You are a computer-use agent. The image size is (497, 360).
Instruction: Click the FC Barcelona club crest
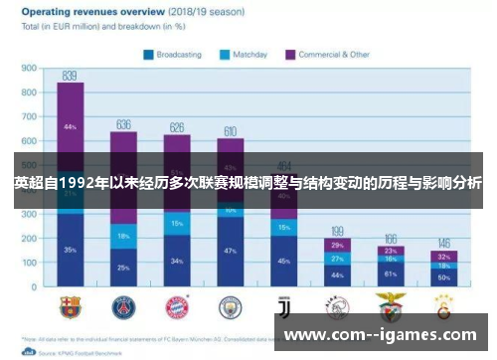coord(70,305)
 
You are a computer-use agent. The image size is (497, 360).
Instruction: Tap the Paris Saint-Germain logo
coord(123,305)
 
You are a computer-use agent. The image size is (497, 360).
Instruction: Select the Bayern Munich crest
coord(177,305)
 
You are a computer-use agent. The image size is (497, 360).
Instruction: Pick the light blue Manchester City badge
coord(231,305)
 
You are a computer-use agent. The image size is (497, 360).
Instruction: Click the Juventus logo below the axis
coord(284,305)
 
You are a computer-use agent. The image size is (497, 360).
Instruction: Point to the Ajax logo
coord(337,305)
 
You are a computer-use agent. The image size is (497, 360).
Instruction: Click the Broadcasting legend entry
coord(174,55)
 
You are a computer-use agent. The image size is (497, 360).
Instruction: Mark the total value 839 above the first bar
coord(70,75)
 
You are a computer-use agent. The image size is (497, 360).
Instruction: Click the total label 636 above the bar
coord(123,124)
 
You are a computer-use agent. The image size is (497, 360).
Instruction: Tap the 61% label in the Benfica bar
coord(391,272)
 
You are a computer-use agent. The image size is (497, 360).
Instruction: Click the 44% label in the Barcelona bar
coord(70,127)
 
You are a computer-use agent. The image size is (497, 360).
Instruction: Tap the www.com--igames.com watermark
coord(383,335)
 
